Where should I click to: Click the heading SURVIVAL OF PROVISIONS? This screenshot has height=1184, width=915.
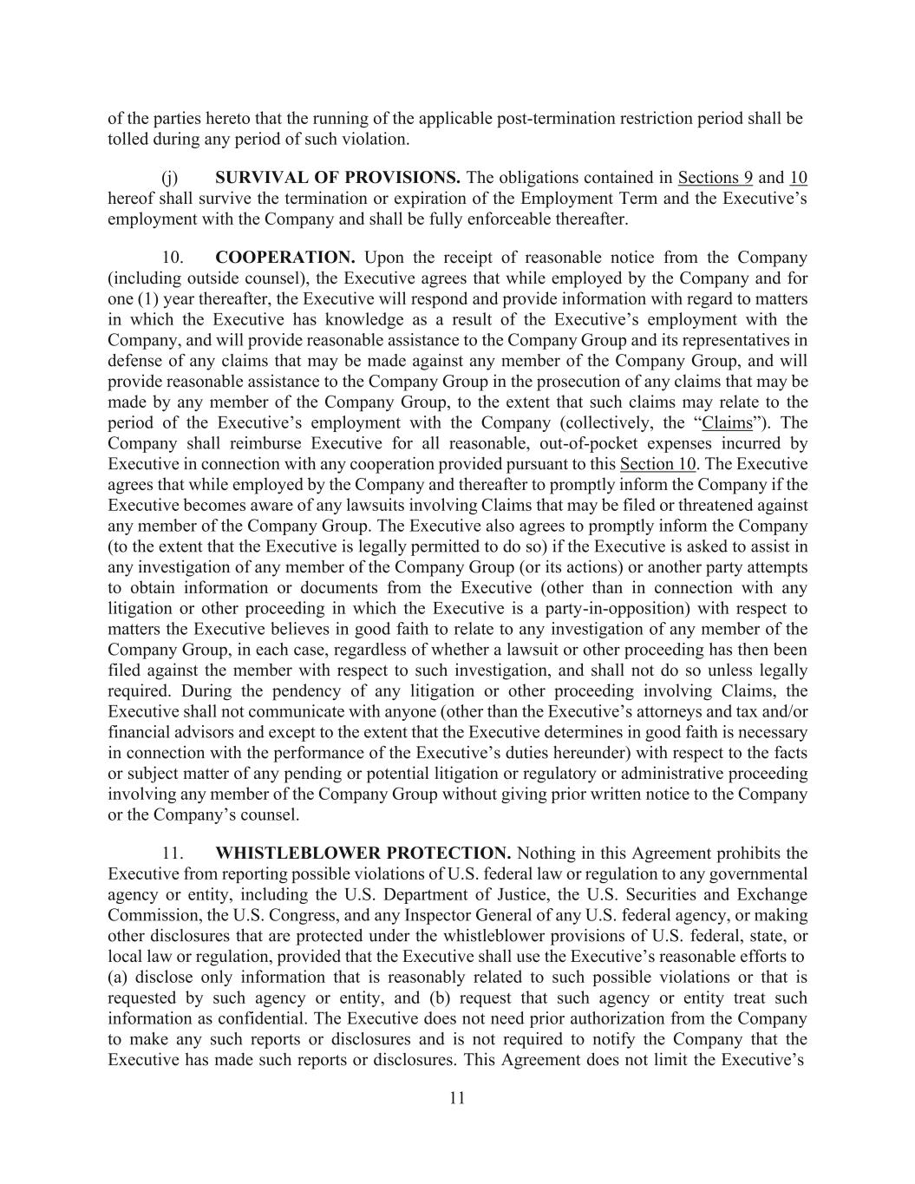[337, 178]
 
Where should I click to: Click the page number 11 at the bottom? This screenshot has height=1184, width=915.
[458, 1098]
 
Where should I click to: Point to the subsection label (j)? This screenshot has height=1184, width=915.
[170, 178]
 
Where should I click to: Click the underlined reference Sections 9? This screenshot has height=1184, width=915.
[716, 178]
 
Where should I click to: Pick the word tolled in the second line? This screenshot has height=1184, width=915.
[127, 139]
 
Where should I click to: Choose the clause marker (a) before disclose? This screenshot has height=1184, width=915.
[119, 978]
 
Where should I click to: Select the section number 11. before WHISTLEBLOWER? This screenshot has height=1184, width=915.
[172, 853]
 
